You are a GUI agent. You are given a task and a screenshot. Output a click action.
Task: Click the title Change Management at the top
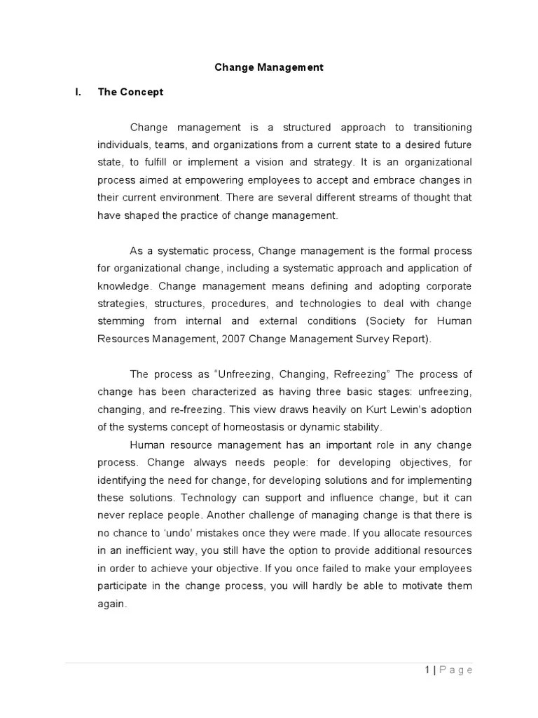coord(269,68)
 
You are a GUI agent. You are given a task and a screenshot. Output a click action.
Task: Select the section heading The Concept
coord(130,92)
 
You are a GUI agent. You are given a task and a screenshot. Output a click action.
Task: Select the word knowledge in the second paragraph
coord(123,286)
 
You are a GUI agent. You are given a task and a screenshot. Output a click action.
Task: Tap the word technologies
coord(329,304)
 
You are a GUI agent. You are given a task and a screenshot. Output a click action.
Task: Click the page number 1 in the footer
coord(427,670)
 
